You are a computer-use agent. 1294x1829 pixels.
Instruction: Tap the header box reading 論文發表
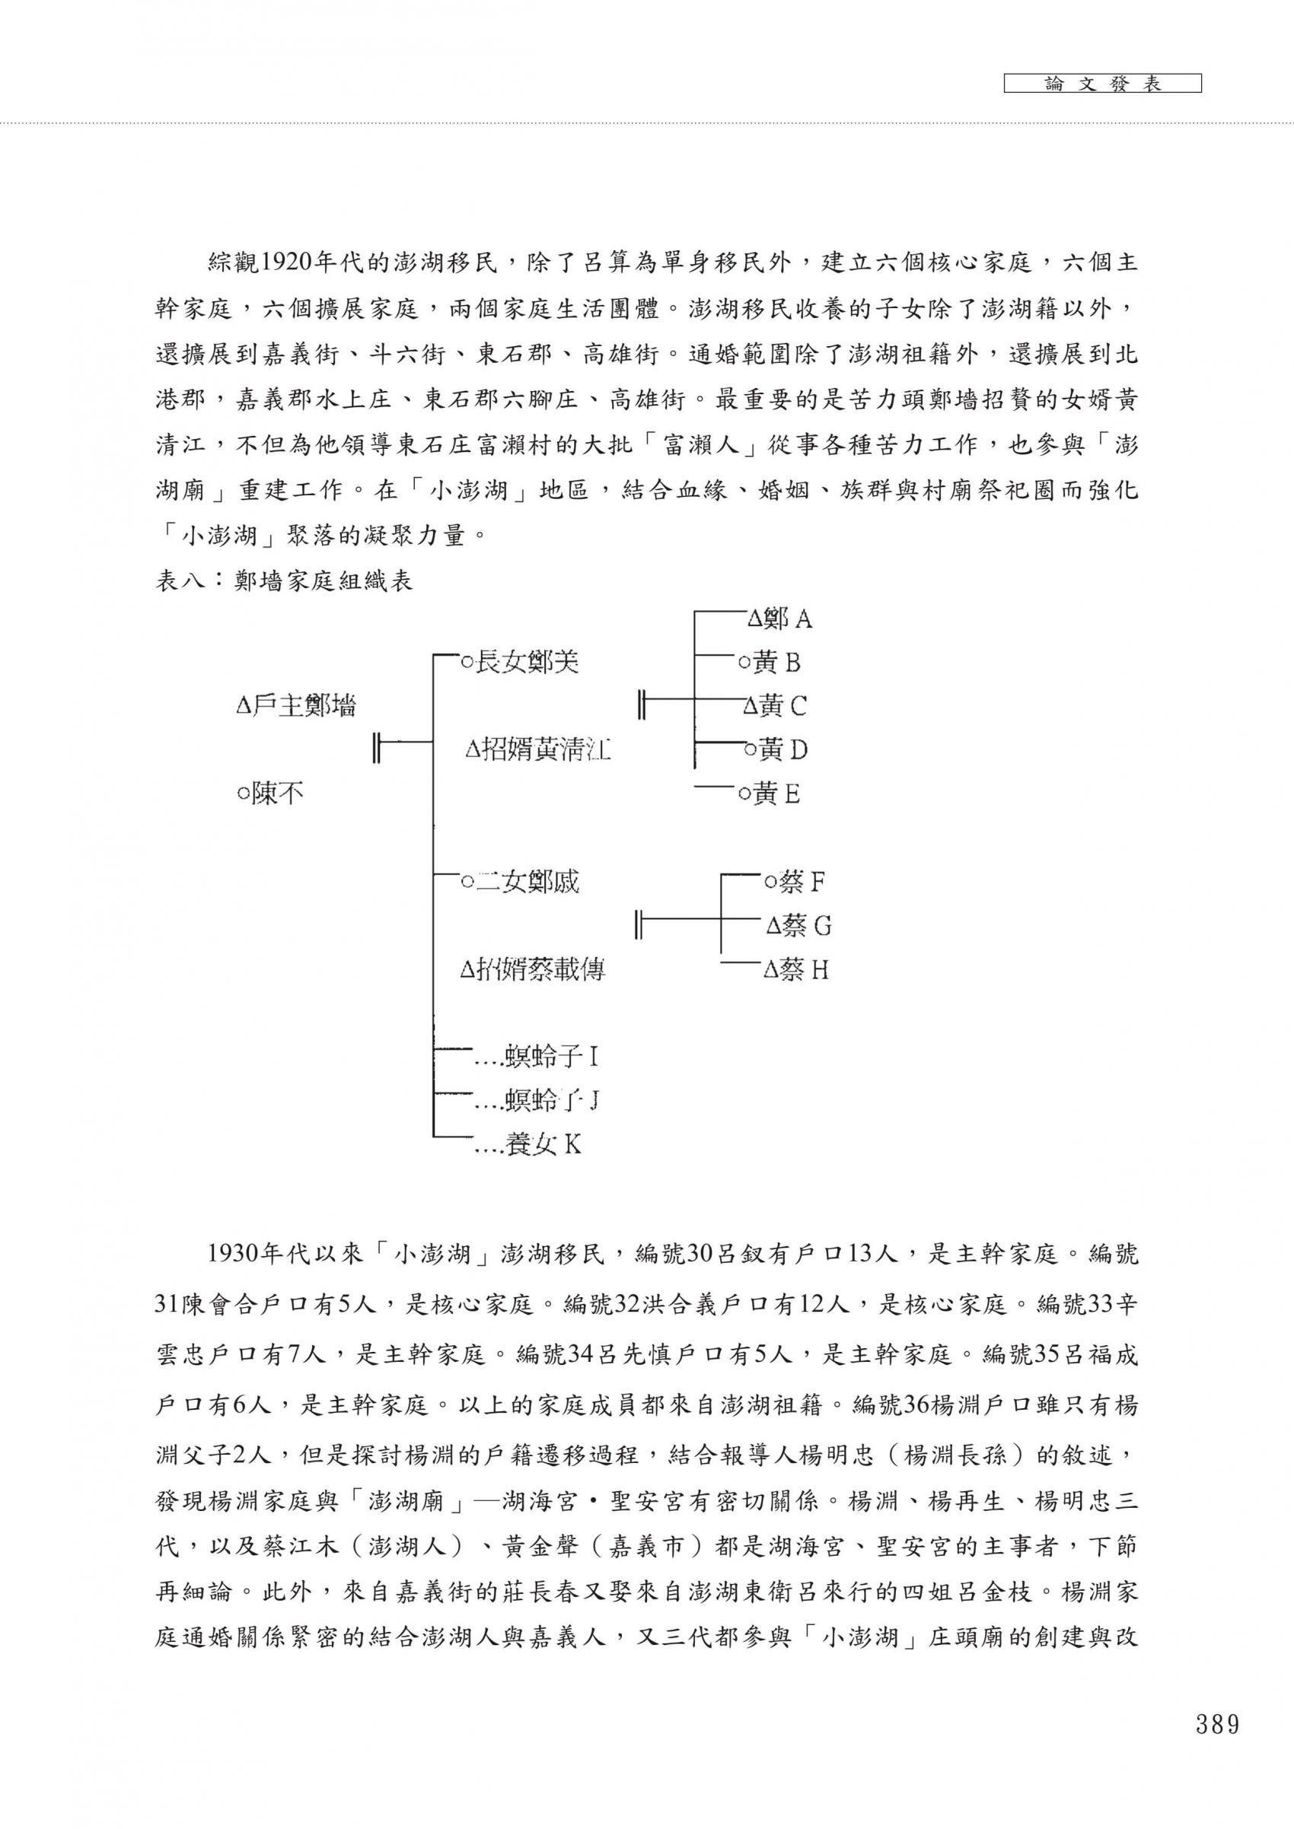click(x=1102, y=84)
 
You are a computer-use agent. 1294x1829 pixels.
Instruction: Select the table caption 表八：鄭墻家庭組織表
click(x=284, y=581)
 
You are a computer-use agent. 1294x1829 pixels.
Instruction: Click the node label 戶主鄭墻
click(x=295, y=706)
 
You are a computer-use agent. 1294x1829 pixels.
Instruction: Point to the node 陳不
click(x=270, y=794)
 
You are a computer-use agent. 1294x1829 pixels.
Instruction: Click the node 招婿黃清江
click(x=538, y=749)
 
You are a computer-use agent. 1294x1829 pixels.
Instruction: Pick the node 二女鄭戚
click(x=520, y=882)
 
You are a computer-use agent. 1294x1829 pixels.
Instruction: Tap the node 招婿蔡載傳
click(x=533, y=969)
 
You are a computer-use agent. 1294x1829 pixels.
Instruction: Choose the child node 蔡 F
click(x=794, y=882)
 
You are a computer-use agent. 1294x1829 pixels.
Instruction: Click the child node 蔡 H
click(x=796, y=969)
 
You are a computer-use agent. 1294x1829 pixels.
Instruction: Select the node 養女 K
click(x=542, y=1145)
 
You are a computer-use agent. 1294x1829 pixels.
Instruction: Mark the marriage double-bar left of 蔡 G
click(x=638, y=925)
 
